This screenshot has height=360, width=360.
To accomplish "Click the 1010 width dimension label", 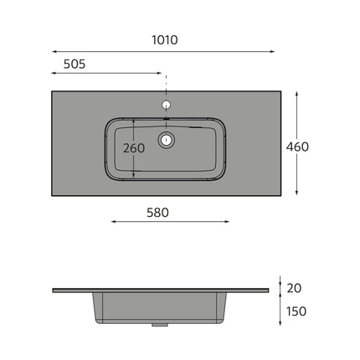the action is point(165,40).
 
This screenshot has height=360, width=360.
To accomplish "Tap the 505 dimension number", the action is point(75,64).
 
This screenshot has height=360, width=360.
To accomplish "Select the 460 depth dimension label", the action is point(297,147).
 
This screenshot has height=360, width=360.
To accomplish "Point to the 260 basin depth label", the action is point(134,148).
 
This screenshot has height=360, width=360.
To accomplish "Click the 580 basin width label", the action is point(157,213).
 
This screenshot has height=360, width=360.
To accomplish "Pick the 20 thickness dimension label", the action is point(294,288).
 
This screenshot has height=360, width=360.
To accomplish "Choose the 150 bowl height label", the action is point(296,311).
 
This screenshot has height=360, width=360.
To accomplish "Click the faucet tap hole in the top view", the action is point(167,105).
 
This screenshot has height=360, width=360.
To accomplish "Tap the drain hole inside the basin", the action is point(167,139).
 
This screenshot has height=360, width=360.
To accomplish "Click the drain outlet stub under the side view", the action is point(160,325).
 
